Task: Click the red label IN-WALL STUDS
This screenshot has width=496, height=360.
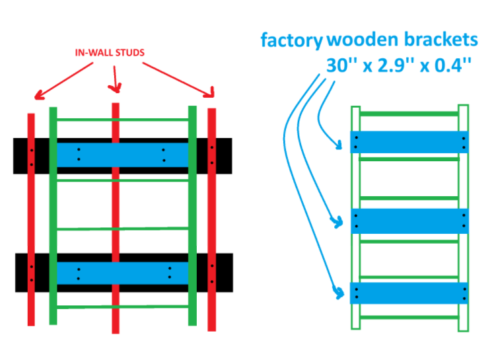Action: click(110, 52)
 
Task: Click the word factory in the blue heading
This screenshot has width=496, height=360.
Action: click(291, 40)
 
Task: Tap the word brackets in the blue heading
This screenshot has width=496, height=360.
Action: click(441, 39)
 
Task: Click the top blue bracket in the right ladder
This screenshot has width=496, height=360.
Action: click(409, 143)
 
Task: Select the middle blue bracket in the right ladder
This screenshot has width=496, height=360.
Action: click(409, 221)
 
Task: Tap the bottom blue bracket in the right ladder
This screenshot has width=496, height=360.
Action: click(409, 293)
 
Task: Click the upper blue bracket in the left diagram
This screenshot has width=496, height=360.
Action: click(122, 155)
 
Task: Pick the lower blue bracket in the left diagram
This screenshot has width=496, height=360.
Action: click(122, 273)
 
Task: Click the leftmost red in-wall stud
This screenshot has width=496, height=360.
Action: click(31, 219)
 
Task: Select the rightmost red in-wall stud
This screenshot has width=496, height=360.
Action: click(211, 219)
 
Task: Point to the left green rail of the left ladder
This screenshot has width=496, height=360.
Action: click(53, 216)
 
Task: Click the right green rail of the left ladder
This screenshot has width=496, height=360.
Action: click(192, 216)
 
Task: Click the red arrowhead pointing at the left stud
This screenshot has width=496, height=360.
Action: click(39, 95)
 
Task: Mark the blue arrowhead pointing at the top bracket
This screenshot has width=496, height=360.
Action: click(338, 145)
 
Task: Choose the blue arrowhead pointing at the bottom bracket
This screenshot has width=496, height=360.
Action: click(339, 293)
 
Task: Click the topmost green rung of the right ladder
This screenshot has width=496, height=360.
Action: click(409, 114)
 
